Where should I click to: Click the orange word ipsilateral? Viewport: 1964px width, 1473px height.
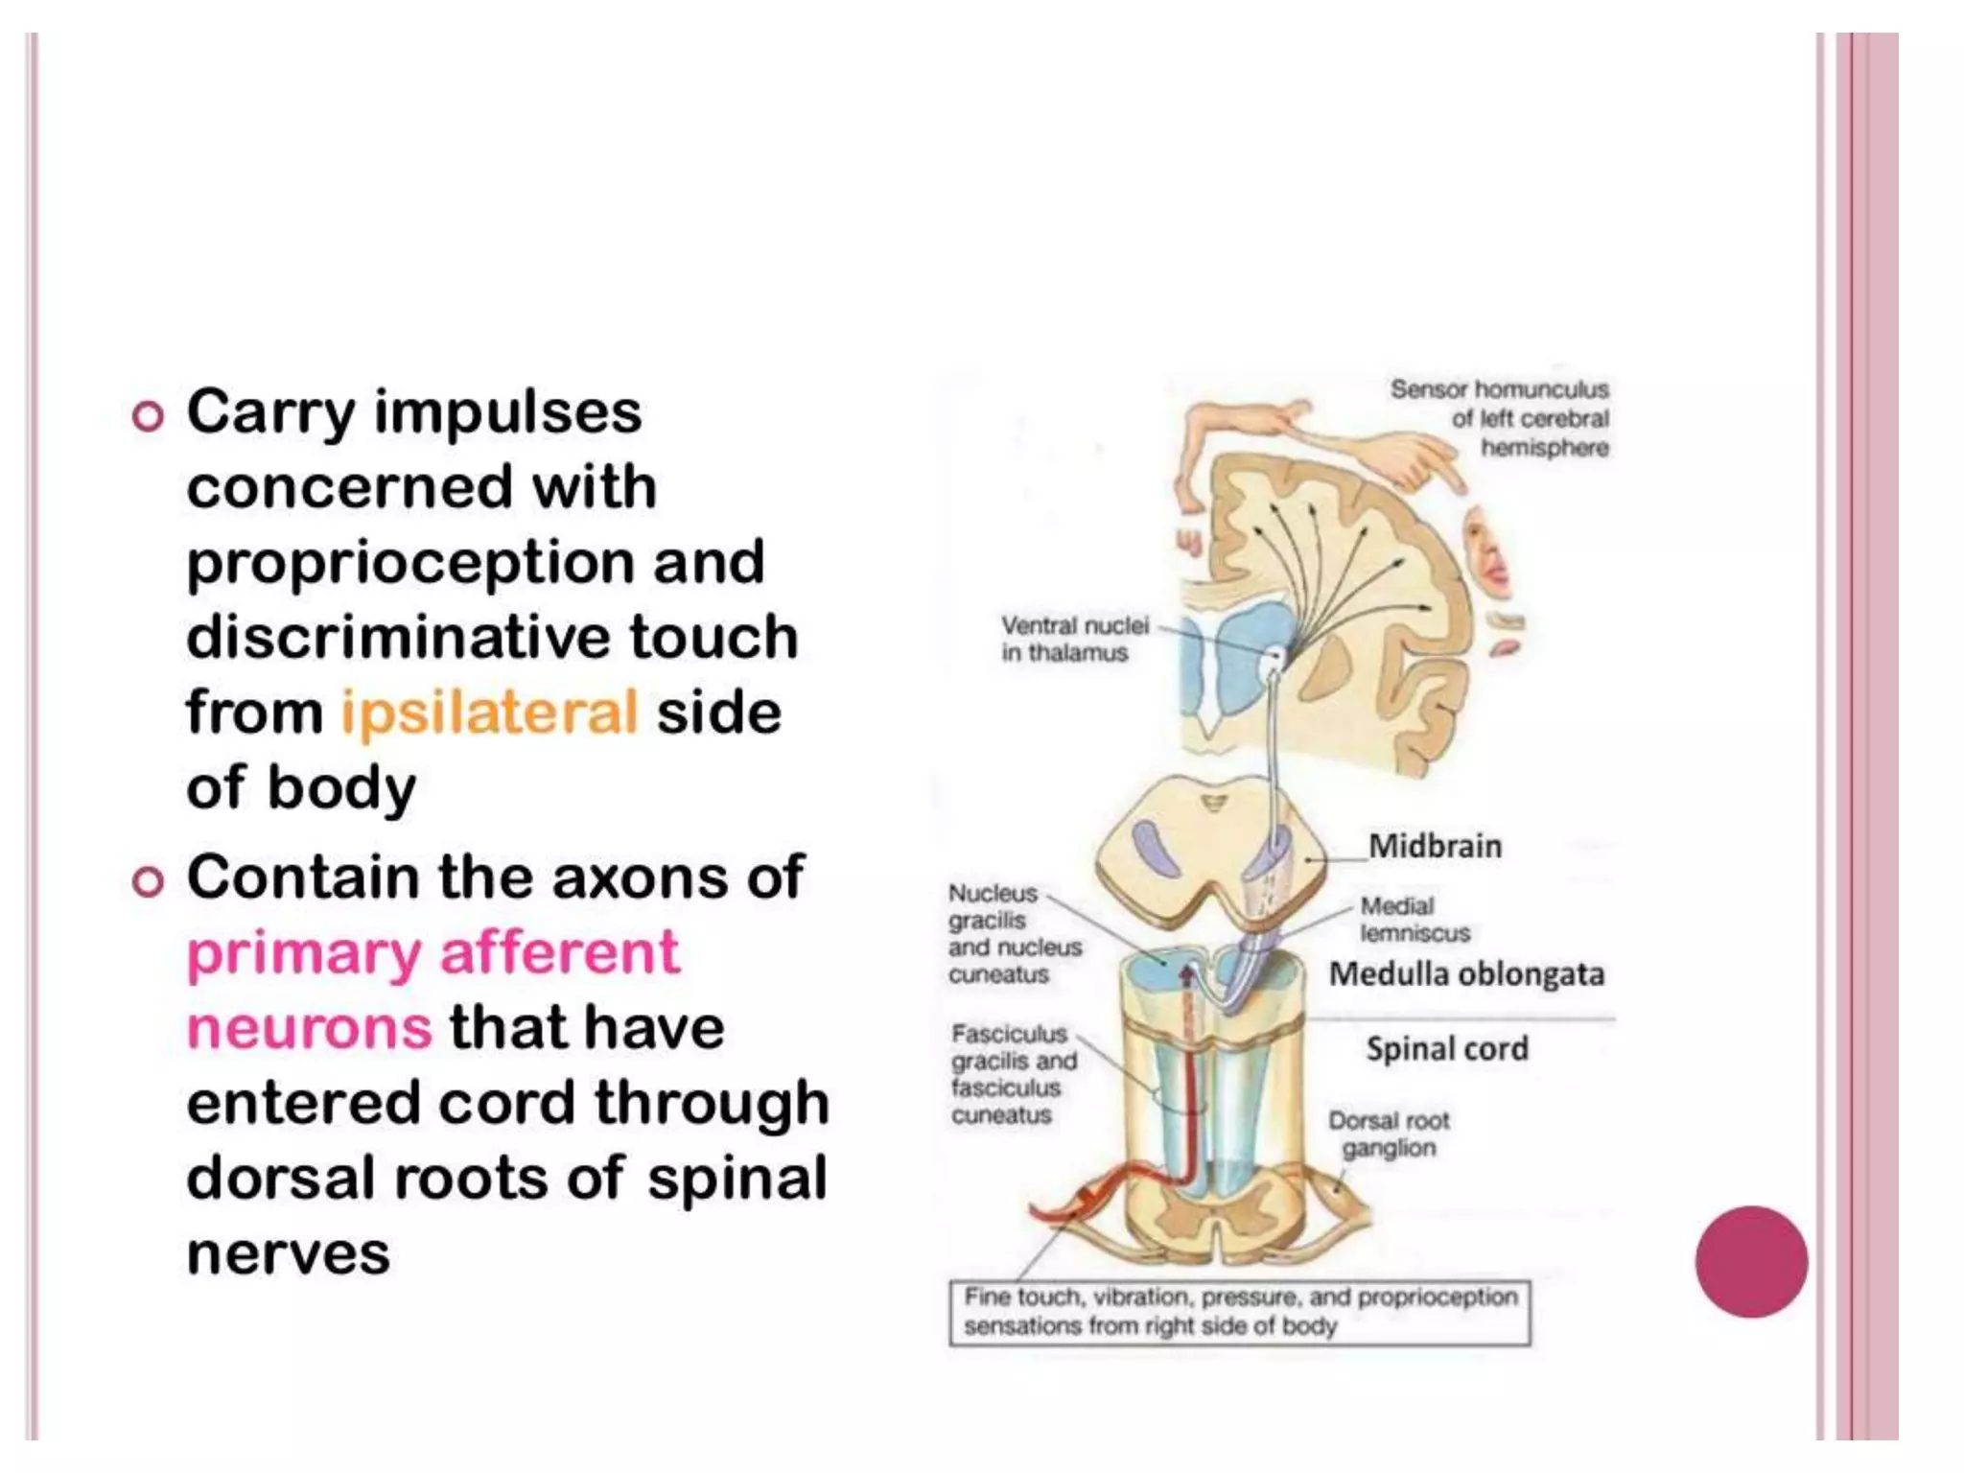(489, 713)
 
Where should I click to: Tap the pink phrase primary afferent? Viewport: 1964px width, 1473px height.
(433, 953)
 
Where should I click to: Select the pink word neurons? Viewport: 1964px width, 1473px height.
(309, 1028)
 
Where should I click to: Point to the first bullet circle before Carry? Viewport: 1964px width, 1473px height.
(148, 417)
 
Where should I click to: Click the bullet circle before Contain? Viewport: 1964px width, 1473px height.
(148, 881)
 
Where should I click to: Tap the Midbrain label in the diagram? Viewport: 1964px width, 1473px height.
(1435, 847)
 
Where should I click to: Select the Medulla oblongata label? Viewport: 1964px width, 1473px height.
(1466, 974)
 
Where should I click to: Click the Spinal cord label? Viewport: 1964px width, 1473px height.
(1447, 1049)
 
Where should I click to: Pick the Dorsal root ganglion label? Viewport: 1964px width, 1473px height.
(1389, 1134)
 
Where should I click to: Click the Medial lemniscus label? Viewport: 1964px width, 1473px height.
(1414, 920)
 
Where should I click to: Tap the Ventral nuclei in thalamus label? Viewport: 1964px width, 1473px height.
(1074, 639)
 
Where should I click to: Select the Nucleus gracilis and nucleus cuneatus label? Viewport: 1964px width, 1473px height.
(1014, 934)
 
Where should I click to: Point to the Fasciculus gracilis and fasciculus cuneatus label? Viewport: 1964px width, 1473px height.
(1014, 1075)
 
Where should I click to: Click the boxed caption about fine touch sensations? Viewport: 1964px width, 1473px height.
(1239, 1312)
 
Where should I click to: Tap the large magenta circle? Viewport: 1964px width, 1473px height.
(1751, 1262)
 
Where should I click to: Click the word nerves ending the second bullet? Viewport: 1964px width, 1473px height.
(289, 1253)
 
